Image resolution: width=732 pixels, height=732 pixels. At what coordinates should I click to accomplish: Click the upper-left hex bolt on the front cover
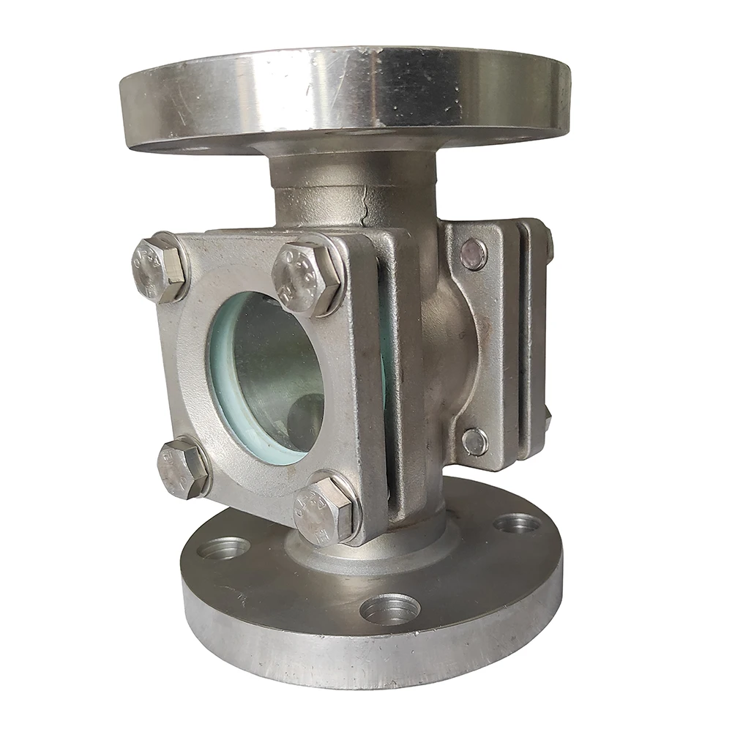[x=157, y=268]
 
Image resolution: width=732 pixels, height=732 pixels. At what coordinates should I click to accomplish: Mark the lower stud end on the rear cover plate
[x=474, y=441]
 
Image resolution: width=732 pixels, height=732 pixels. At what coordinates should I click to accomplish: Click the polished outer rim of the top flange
[x=344, y=95]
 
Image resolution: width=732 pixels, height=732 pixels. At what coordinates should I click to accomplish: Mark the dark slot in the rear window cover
[x=521, y=344]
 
